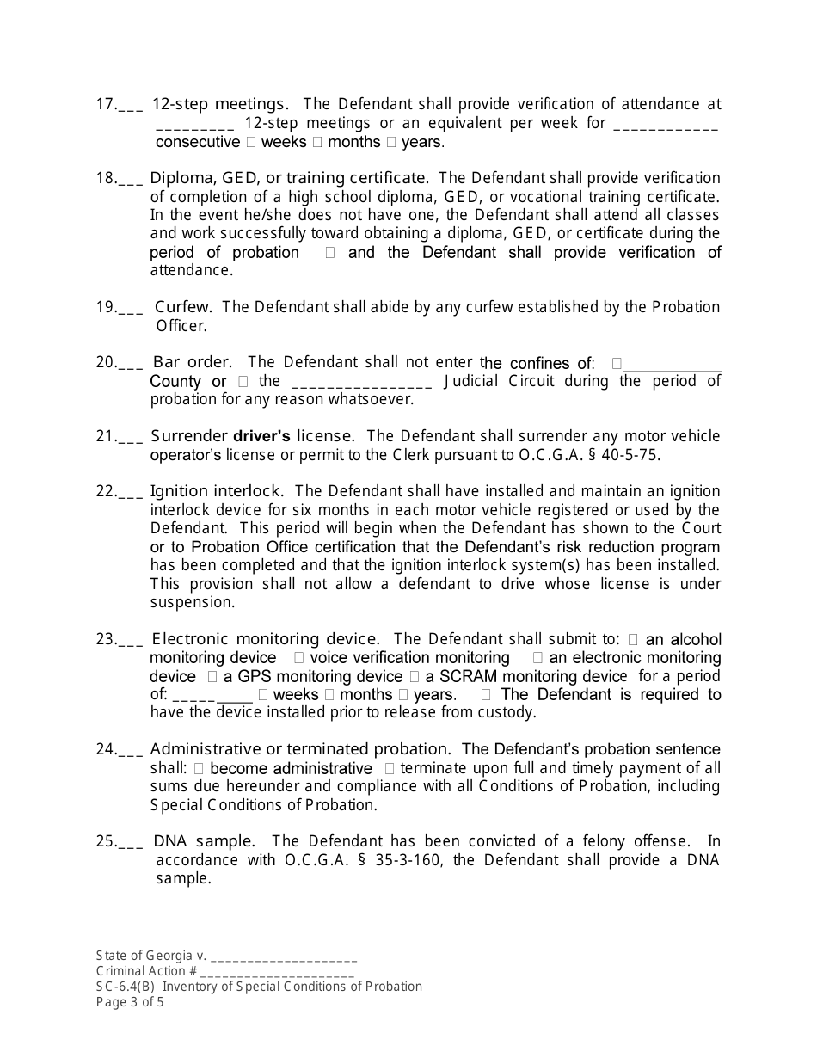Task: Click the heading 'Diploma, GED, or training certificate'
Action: point(288,178)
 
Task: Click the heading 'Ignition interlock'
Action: point(216,491)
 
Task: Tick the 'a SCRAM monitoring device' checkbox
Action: point(415,677)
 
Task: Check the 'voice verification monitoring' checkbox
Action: point(298,658)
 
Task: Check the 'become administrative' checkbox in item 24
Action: point(199,769)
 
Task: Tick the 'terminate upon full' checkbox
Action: point(390,769)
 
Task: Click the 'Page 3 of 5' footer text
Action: point(130,1001)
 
